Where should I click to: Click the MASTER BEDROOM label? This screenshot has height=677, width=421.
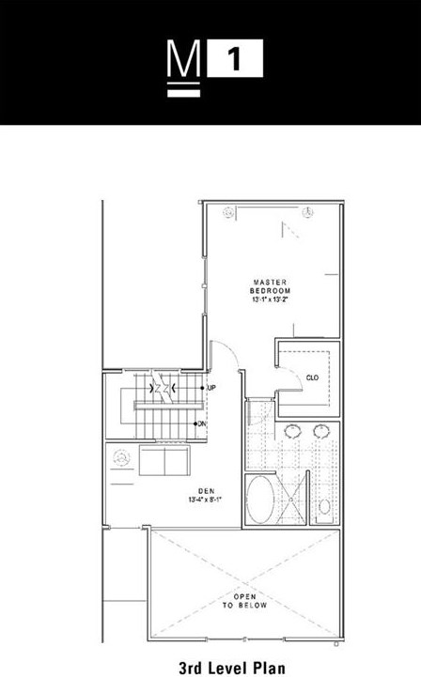coord(268,286)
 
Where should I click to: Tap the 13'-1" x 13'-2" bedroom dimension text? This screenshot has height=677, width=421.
coord(268,300)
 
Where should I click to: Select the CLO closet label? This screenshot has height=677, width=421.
coord(312,377)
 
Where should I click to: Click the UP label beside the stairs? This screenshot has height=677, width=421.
coord(211,388)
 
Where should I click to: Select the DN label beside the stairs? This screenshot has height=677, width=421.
coord(202,423)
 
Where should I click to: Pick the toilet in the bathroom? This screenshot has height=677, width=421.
coord(323,507)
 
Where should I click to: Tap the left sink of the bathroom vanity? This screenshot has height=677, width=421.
coord(291,432)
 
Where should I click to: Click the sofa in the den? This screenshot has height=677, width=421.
coord(165,462)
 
